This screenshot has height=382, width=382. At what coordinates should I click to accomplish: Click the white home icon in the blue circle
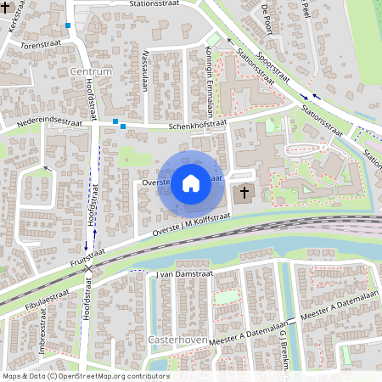tap(191, 183)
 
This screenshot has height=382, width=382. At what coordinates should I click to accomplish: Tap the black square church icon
tap(244, 193)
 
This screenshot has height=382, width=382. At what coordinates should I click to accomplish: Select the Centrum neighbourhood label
tap(92, 73)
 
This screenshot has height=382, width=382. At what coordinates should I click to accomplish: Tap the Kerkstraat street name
tap(13, 23)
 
